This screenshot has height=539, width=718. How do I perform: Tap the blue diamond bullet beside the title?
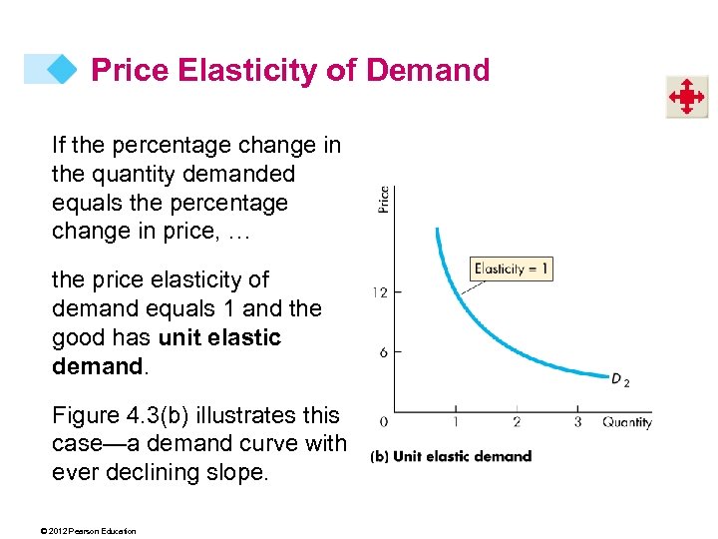pyautogui.click(x=62, y=68)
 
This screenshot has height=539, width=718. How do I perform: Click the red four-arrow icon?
pyautogui.click(x=687, y=98)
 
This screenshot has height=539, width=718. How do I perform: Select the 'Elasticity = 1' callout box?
pyautogui.click(x=511, y=269)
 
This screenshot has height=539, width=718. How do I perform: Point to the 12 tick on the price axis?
pyautogui.click(x=380, y=292)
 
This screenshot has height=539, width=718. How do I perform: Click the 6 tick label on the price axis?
pyautogui.click(x=383, y=351)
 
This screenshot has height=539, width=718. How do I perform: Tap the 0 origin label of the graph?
pyautogui.click(x=384, y=420)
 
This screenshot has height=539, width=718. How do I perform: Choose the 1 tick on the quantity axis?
pyautogui.click(x=456, y=422)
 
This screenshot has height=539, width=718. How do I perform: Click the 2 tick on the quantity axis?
pyautogui.click(x=517, y=422)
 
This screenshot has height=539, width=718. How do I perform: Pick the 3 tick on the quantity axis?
pyautogui.click(x=577, y=422)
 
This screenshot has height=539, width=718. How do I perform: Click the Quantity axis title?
pyautogui.click(x=627, y=422)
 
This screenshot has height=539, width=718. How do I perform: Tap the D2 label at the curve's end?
pyautogui.click(x=620, y=379)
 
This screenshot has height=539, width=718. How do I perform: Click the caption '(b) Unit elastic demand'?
pyautogui.click(x=451, y=456)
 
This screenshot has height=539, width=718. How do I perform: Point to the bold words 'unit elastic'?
pyautogui.click(x=219, y=337)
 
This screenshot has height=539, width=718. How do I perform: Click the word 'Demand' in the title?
pyautogui.click(x=428, y=70)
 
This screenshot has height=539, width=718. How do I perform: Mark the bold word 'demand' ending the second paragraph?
pyautogui.click(x=98, y=366)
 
